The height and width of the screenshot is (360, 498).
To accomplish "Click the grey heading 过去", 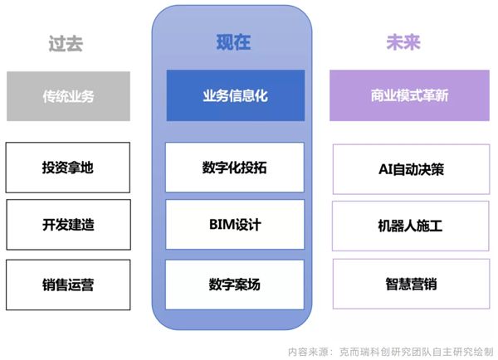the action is coord(66,43).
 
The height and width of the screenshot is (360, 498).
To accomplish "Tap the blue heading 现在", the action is coord(233,42).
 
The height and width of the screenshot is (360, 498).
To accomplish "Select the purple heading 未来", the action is coord(403,42).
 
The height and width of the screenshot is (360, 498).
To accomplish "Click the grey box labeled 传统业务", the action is coord(68,96).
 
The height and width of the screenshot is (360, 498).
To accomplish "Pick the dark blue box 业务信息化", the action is coord(236,95).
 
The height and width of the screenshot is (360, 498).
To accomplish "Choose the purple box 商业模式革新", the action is coord(409,95).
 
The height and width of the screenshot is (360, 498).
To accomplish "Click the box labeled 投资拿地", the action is coord(68,168).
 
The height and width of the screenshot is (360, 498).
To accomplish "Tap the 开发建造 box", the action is coord(68,225).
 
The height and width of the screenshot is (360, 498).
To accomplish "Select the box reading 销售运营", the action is coord(68,285).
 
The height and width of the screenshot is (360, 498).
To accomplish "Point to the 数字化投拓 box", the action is coord(235,168).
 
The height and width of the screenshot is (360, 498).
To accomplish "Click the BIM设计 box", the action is coord(235,225).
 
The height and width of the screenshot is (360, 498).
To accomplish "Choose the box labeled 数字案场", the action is coord(235,285).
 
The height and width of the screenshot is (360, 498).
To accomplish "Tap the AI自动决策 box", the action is coord(412,169).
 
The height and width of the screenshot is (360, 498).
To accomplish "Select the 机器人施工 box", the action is coord(411,226).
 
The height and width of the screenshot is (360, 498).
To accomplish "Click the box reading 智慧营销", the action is coord(412,284).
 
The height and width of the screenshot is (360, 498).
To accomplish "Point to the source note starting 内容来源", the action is coord(390,352).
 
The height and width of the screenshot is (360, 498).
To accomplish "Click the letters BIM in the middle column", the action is coord(222,225).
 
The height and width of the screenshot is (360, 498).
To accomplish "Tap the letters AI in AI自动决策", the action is coord(386,169).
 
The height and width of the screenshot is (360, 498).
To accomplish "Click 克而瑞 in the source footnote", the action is coord(354,352).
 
